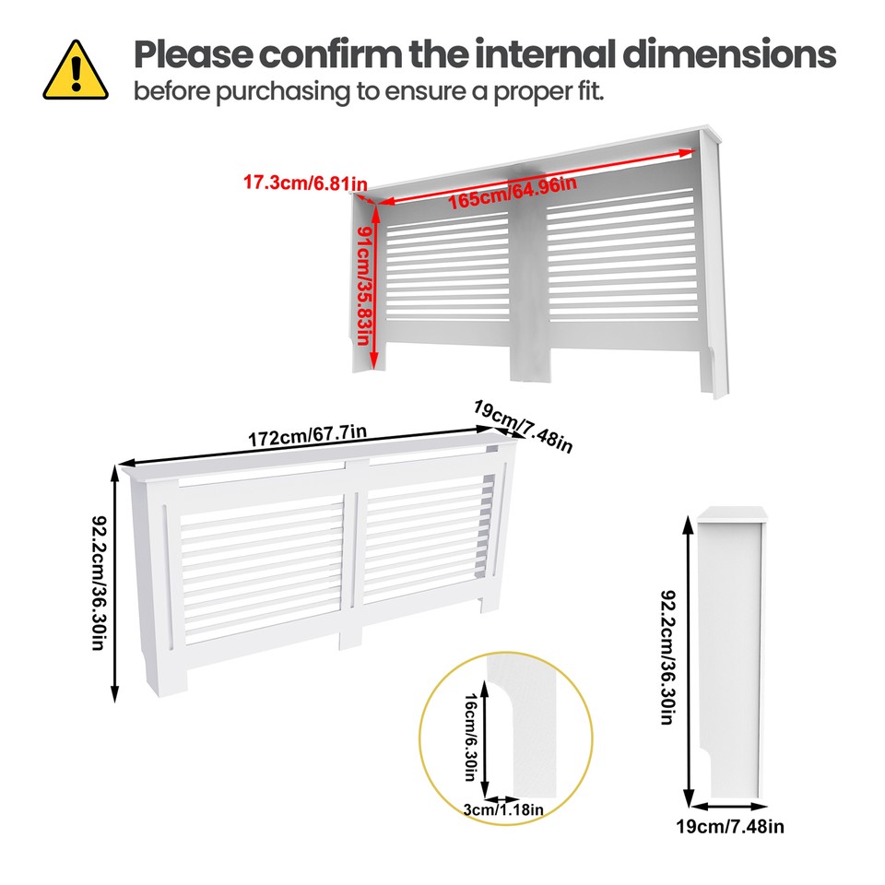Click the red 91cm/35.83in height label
pyautogui.click(x=365, y=287)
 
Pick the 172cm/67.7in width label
pyautogui.click(x=307, y=435)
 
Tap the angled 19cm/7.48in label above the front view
pyautogui.click(x=523, y=426)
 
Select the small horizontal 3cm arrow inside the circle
pyautogui.click(x=501, y=798)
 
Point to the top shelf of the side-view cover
pyautogui.click(x=731, y=513)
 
